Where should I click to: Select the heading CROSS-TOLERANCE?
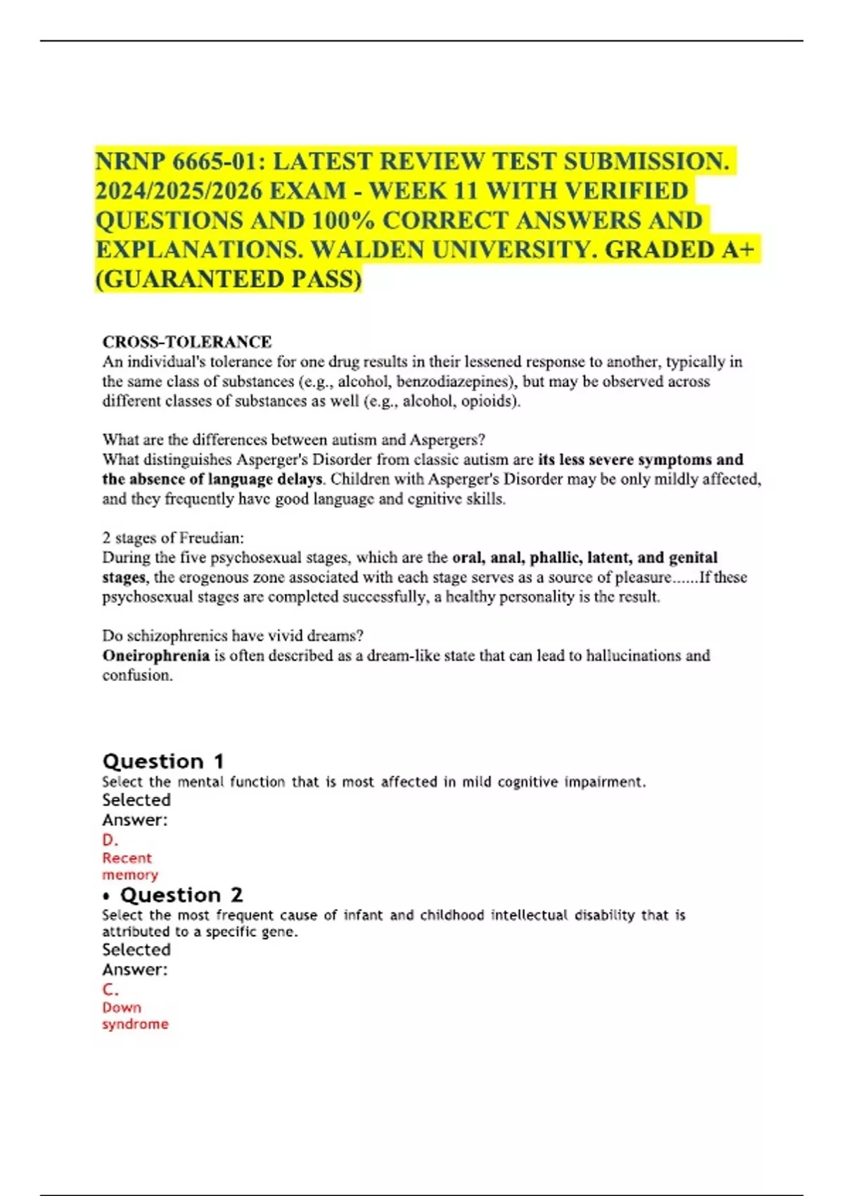[x=187, y=342]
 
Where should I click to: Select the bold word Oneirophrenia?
[x=156, y=656]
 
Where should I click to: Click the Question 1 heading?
[x=163, y=761]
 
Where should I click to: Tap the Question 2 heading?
[x=181, y=895]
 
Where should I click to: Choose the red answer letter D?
[x=110, y=840]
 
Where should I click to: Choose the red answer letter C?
[x=110, y=990]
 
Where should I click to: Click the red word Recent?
[x=127, y=858]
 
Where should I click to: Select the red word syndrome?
[x=135, y=1024]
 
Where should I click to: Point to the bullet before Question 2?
[x=107, y=896]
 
